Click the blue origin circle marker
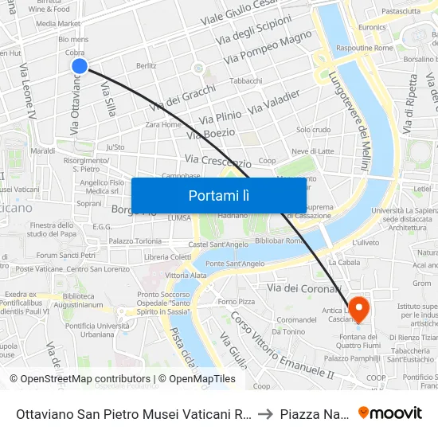pos(79,66)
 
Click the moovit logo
pos(390,413)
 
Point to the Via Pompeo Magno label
pos(268,48)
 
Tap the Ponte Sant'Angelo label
pos(235,264)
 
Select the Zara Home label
pos(163,124)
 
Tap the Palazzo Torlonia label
pos(135,241)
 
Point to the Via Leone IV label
pos(28,104)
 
